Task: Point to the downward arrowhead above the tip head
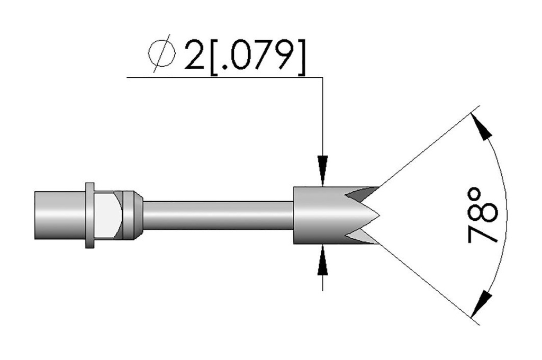click(322, 171)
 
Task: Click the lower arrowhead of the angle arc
click(481, 304)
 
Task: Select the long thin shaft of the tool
click(218, 215)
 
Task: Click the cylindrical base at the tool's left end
click(60, 215)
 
